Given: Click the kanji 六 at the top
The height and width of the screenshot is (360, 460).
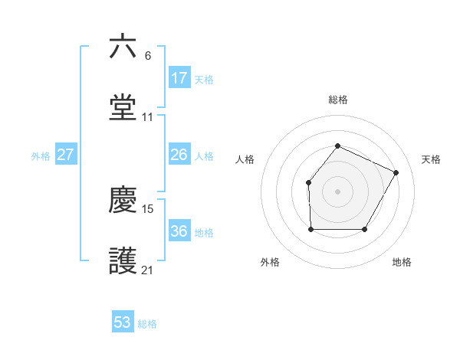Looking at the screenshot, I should [x=123, y=47].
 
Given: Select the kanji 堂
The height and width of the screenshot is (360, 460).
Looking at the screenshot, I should [x=123, y=108].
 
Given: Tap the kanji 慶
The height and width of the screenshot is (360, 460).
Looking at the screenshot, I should [x=123, y=200].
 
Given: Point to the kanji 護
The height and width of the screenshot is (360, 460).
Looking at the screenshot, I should [x=123, y=261].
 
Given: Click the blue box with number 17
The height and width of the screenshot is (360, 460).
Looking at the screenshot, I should [x=179, y=78].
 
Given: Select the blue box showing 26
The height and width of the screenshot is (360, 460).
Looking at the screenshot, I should [x=179, y=155].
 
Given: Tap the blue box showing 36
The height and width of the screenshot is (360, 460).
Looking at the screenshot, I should [x=179, y=231].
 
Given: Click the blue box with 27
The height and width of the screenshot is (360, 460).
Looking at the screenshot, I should [x=65, y=155].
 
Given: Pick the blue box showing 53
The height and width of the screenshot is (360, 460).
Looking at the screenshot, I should [x=123, y=322].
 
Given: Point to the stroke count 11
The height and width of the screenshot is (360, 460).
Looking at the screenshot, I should [x=148, y=117].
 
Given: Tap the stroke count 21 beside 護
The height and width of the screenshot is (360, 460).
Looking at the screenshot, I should [x=148, y=270].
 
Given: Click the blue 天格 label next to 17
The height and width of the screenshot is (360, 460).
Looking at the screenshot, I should [x=204, y=79].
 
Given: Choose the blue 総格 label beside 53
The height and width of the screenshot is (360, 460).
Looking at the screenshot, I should [x=147, y=324].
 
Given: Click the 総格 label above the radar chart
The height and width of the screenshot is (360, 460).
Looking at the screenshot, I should [x=337, y=100].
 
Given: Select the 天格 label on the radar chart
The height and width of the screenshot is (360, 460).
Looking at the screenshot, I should [x=431, y=159].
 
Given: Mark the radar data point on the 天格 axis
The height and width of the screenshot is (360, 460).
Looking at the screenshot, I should [x=396, y=172].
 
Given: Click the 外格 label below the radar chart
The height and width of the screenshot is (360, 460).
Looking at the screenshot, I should [x=270, y=262].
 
